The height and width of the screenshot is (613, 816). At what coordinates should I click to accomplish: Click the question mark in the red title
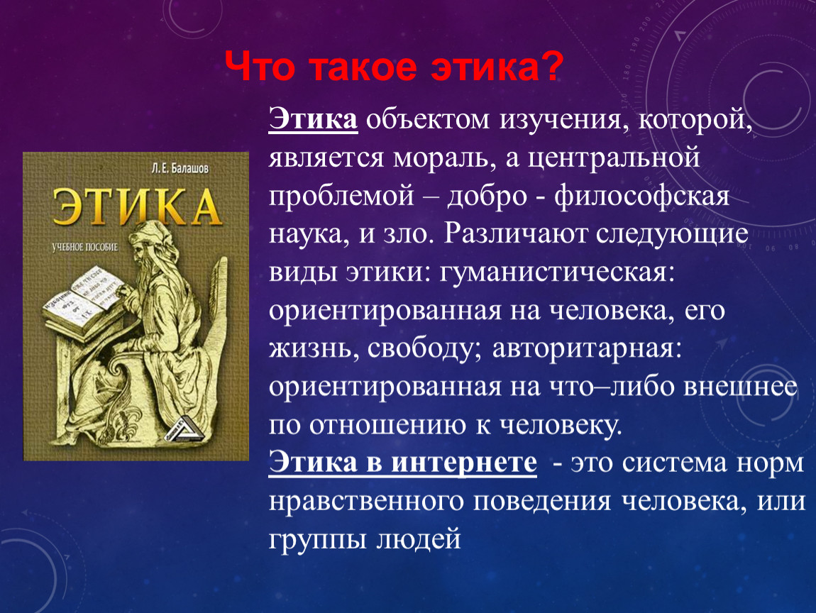pos(551,67)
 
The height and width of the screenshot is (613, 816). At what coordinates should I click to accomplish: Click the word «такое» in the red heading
pos(364,67)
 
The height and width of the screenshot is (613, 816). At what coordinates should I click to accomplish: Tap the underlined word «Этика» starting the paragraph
pos(313,120)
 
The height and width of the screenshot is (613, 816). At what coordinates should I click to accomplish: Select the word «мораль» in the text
pos(443,158)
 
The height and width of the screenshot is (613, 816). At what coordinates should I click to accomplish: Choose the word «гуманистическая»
pos(557,272)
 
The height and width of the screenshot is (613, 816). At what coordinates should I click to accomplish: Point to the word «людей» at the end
pos(419,540)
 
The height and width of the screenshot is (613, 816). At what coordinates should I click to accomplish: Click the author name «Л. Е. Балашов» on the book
pos(180,169)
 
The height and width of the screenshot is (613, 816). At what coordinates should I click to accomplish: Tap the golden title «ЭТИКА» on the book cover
pos(137,208)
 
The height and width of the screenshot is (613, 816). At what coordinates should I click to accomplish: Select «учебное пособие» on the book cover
pos(85,247)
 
